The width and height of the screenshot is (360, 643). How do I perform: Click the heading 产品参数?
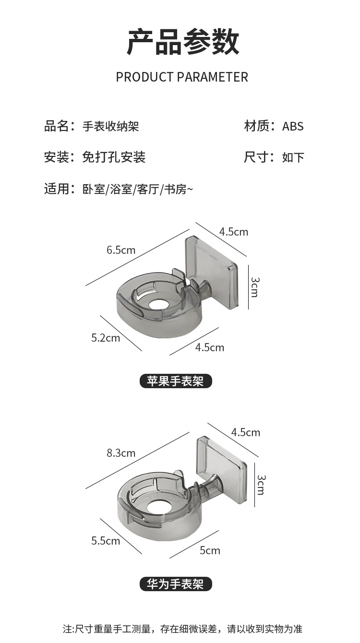(182, 42)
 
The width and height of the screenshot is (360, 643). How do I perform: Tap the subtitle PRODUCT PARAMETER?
(182, 77)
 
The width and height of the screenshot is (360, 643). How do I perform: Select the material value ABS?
(293, 127)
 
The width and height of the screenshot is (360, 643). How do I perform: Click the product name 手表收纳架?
(111, 127)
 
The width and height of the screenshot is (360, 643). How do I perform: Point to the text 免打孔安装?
(114, 157)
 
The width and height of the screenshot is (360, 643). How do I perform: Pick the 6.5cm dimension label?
(121, 250)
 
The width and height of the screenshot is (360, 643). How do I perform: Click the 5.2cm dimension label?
(106, 338)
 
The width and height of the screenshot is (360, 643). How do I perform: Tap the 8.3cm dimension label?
(121, 453)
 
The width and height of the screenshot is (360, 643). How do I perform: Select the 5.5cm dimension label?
(106, 541)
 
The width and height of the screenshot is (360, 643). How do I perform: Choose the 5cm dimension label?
(210, 550)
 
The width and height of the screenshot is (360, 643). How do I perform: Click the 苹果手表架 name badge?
(175, 381)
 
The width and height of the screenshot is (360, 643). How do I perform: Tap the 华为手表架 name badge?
(175, 584)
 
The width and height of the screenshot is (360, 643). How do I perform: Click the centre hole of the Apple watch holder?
(156, 304)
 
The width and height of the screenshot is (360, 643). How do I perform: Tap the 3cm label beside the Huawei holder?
(261, 485)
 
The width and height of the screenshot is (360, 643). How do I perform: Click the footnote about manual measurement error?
(182, 629)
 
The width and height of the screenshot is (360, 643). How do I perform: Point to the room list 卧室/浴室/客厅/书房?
(138, 189)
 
